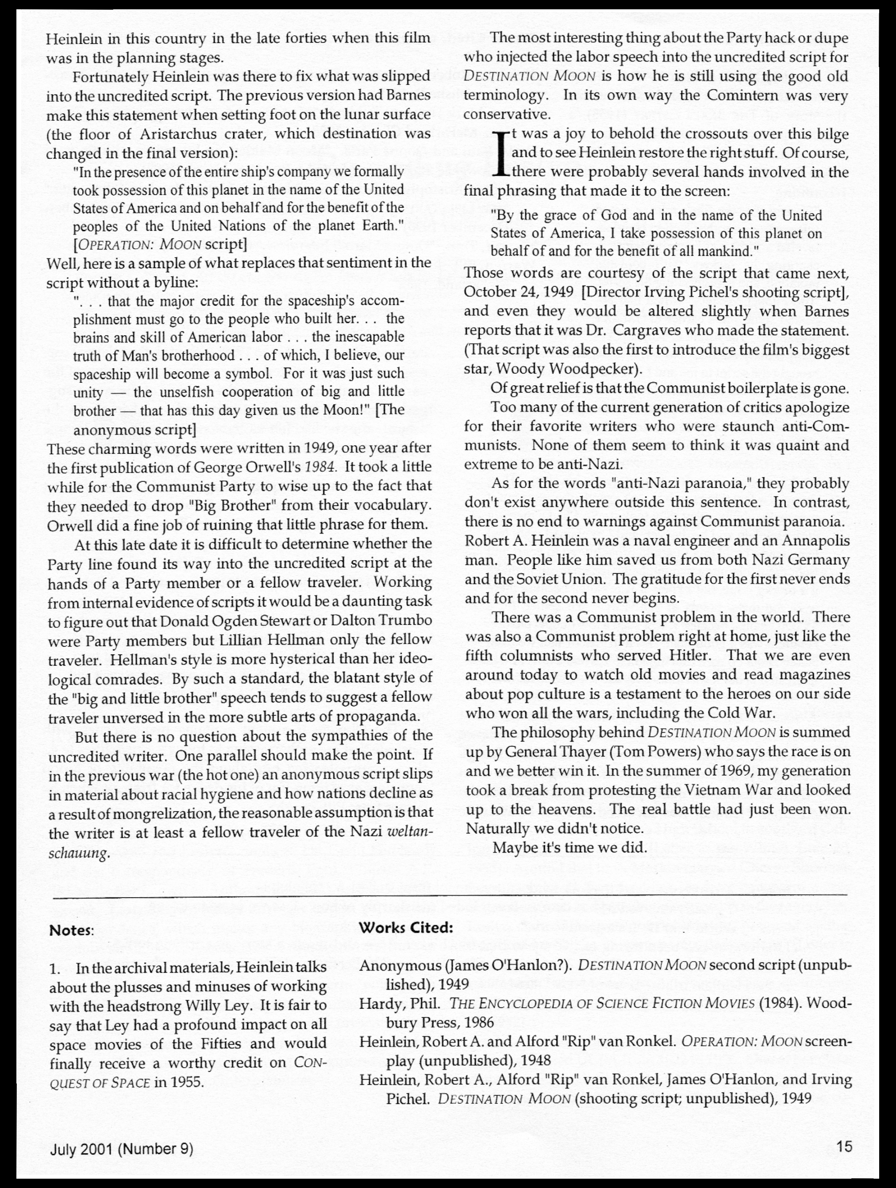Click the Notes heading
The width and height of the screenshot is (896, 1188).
[71, 930]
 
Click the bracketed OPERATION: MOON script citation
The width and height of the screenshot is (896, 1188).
[160, 244]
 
